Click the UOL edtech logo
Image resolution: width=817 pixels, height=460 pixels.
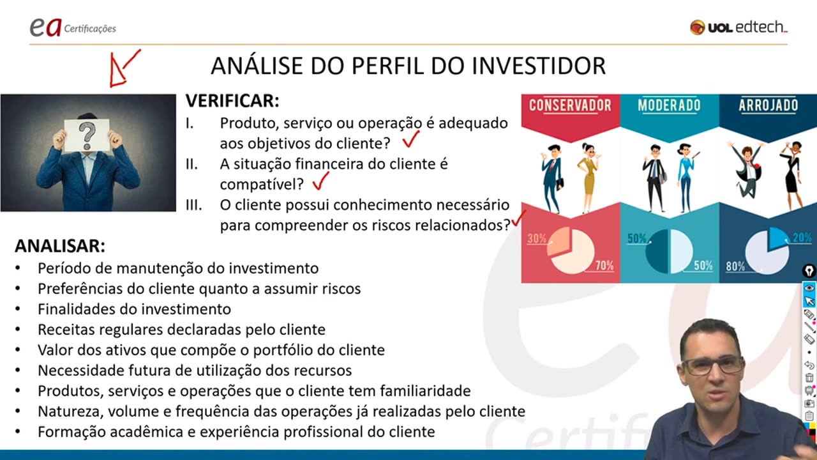(738, 27)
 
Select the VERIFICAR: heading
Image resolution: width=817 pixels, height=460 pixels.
(232, 101)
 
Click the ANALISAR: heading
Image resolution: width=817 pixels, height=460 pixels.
(60, 247)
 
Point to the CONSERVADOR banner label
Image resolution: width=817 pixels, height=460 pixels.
(570, 105)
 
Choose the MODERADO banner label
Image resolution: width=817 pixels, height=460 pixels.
(669, 105)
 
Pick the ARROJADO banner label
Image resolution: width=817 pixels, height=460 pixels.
(768, 105)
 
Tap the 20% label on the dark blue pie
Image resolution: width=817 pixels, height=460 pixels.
(802, 238)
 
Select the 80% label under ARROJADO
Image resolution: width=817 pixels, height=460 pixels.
(735, 266)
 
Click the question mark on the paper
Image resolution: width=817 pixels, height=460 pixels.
(87, 135)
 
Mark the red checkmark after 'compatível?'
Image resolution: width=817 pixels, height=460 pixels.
(320, 182)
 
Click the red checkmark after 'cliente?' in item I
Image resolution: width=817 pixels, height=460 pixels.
(410, 139)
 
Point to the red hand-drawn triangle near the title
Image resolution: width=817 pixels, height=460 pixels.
(118, 72)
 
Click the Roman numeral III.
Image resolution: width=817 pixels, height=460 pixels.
(193, 205)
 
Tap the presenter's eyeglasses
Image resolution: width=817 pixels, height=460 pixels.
(712, 366)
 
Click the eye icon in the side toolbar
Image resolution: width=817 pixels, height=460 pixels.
(809, 287)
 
